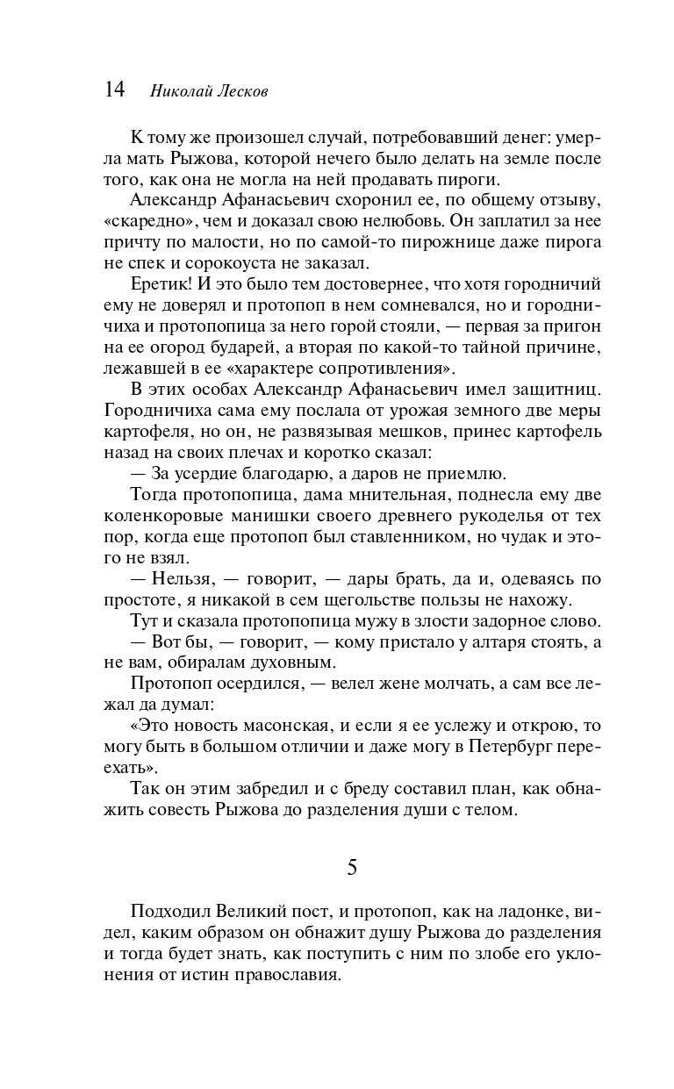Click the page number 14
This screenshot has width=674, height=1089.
point(115,90)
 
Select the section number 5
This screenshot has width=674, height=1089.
point(352,867)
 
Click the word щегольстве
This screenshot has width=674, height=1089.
point(398,600)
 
